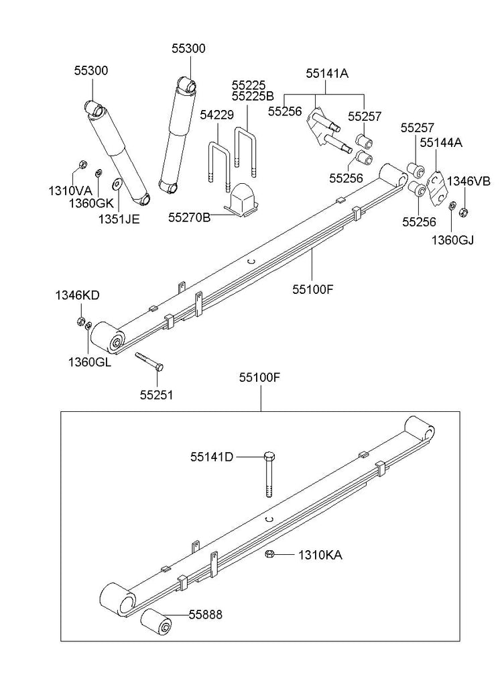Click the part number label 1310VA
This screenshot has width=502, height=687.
(70, 191)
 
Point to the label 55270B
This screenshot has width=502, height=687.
(190, 217)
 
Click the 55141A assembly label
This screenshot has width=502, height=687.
(327, 74)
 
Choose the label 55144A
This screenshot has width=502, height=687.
(441, 142)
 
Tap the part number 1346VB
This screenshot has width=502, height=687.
(469, 181)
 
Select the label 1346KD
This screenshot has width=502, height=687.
(78, 295)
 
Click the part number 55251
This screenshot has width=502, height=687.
(156, 395)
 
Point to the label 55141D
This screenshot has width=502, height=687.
(212, 457)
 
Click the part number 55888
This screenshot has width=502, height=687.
(205, 614)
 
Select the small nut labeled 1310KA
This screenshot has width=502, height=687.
(269, 554)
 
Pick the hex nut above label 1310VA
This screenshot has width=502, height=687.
(82, 164)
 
